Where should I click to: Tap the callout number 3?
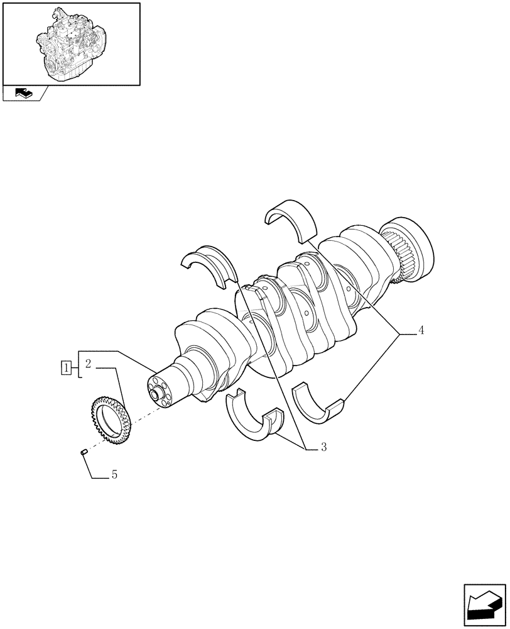(323, 447)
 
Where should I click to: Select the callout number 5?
(114, 476)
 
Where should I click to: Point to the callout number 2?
(89, 363)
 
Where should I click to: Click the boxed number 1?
(65, 367)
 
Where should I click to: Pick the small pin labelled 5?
(84, 450)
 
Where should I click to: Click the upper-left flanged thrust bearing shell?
(209, 264)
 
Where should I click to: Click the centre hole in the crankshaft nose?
(155, 395)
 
